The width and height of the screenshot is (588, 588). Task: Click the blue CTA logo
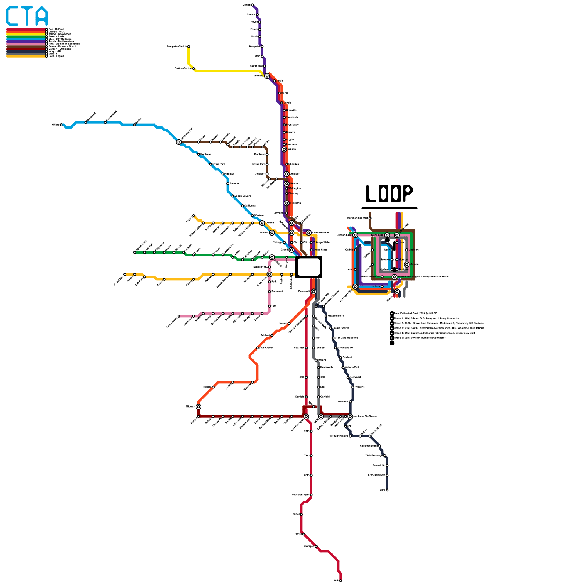coord(27,16)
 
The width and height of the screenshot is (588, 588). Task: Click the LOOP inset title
coord(389,193)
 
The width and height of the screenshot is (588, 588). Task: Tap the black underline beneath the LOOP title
coord(389,208)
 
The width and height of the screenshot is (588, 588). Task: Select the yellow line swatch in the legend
coord(26,34)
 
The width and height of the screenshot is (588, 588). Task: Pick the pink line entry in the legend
coord(26,44)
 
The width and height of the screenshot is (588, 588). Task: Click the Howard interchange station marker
coord(267,76)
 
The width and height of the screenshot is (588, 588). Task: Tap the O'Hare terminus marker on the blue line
coord(61,125)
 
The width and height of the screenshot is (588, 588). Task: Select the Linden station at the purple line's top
coord(252,5)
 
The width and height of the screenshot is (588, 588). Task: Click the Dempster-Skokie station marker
coord(189,47)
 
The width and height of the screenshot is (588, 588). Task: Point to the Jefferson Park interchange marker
coord(179,142)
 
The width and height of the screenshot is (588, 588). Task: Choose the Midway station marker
coord(198,406)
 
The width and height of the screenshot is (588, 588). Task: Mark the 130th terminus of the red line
coord(341,581)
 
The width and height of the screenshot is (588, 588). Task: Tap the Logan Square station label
coord(243,196)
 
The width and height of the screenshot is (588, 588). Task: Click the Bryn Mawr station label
coord(293,125)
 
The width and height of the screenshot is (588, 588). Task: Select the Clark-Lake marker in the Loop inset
coord(387,235)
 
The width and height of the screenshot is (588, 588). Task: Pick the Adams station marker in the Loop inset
coord(406,265)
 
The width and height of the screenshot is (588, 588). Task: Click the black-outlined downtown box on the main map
coord(309,267)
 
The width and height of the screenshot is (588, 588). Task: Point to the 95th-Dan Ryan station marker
coord(311,495)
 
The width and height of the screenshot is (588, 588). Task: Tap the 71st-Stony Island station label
coord(338,436)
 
